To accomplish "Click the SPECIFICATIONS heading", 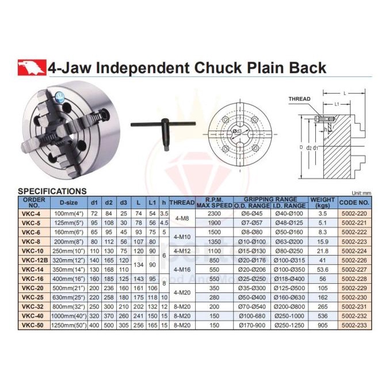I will tap(52, 191).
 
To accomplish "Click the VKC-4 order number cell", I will tap(33, 213).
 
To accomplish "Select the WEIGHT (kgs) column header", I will tap(322, 202).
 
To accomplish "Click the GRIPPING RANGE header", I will tap(270, 199).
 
